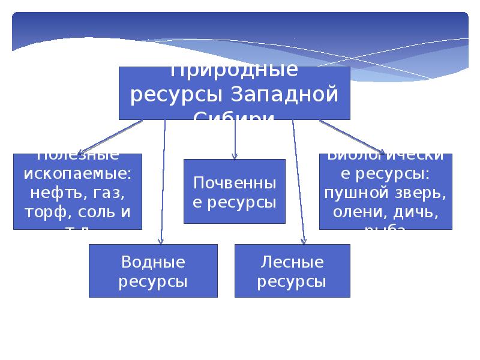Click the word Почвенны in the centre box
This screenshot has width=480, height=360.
coord(235,183)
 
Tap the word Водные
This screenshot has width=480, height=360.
coord(153,262)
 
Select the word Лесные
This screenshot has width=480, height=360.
coord(292,262)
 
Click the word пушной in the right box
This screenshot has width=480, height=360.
coord(352,193)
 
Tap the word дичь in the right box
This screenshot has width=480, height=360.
coord(413,212)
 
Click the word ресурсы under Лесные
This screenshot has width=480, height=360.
coord(292,281)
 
